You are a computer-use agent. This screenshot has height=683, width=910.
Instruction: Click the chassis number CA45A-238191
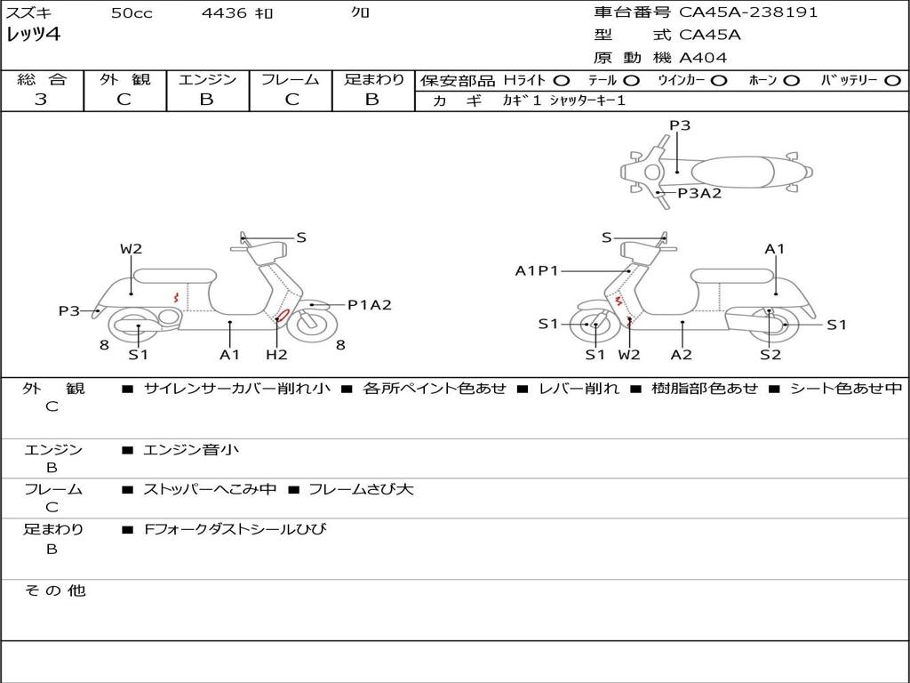pos(748,12)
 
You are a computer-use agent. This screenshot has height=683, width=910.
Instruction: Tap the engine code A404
pos(703,58)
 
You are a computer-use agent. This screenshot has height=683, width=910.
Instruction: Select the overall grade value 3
pos(41,99)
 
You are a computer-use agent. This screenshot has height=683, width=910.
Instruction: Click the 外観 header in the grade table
pos(124,79)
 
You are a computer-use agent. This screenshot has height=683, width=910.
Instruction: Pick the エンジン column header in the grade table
pos(207,79)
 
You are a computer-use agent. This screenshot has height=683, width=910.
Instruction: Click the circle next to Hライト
pos(561,80)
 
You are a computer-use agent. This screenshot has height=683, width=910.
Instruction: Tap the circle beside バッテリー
pos(892,80)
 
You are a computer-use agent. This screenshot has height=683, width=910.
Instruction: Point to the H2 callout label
pos(277,355)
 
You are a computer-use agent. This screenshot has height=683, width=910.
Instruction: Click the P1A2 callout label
pos(369,305)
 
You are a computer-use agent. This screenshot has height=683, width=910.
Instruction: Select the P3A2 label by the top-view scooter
pos(699,193)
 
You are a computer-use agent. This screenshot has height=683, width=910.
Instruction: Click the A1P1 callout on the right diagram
pos(537,270)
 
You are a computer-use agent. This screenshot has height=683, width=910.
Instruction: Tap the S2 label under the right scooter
pos(770,355)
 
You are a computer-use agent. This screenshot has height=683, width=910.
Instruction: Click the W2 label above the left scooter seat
pos(132,249)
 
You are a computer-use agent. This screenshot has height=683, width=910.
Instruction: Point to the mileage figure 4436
pos(225,12)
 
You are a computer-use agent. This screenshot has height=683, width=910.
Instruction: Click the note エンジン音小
pos(191,450)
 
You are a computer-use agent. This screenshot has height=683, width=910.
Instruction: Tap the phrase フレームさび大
pos(360,489)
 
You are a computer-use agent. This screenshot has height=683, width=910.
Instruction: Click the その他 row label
pos(55,591)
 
